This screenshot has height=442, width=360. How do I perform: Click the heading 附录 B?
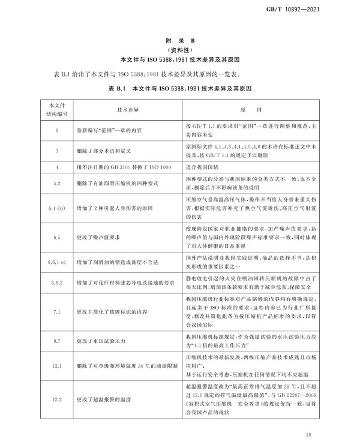pos(181,39)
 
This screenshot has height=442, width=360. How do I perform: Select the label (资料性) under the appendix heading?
pos(181,50)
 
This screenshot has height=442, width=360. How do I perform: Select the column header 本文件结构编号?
pos(56,112)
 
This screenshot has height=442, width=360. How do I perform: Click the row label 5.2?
pos(56,183)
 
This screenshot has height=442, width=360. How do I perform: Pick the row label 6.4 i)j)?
pos(56,208)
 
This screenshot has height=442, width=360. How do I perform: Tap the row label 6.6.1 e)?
pos(56,262)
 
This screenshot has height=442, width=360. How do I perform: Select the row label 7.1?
pos(56,312)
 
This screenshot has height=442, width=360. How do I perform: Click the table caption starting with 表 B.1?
pos(181,88)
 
